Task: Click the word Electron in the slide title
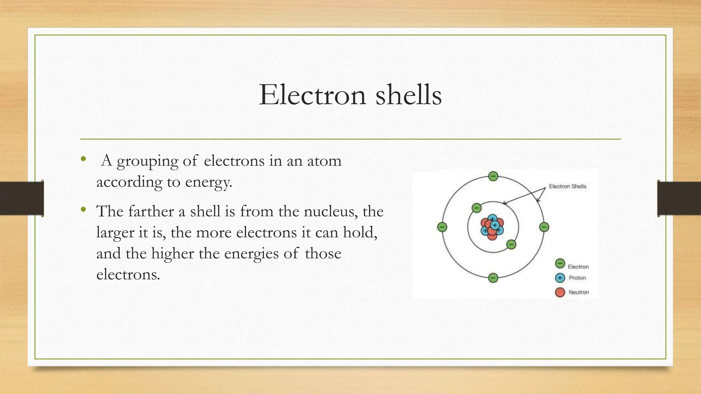click(312, 95)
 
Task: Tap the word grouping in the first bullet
click(148, 161)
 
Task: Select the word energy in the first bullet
click(208, 182)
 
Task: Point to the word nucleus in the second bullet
click(331, 212)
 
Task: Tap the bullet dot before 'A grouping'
click(83, 159)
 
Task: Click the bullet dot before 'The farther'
click(83, 209)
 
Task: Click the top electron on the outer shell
click(493, 176)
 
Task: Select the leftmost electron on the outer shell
click(442, 227)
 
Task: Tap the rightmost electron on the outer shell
click(544, 227)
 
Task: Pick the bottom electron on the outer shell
click(493, 278)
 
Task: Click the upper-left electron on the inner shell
click(476, 208)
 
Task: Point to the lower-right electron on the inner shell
click(511, 245)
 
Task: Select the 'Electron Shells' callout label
click(568, 186)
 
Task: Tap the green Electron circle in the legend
click(560, 264)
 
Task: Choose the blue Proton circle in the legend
click(560, 278)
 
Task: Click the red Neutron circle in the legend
click(560, 292)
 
